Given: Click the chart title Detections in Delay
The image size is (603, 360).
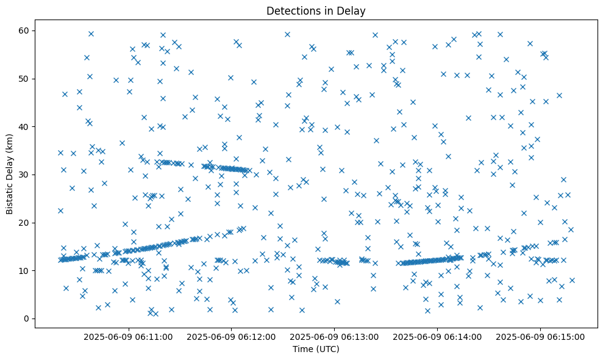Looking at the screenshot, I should tap(316, 10).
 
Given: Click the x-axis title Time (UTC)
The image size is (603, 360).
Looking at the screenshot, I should tap(316, 349).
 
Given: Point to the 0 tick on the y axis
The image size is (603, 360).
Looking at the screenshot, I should tap(27, 319).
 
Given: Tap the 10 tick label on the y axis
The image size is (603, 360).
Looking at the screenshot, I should tap(25, 270).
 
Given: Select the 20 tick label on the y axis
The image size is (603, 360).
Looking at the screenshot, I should tap(25, 223).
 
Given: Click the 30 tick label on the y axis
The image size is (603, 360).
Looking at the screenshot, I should tap(25, 175).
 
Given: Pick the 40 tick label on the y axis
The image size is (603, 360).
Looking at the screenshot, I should tap(25, 127).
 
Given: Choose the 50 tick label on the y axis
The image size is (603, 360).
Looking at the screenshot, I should tap(25, 79).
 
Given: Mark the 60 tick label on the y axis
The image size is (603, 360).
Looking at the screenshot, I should tap(25, 31).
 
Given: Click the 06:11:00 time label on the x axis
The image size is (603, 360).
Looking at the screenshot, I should tap(129, 336).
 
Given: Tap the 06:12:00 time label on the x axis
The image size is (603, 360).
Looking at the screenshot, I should tap(232, 336).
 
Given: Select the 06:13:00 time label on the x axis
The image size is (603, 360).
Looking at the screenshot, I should tap(335, 336).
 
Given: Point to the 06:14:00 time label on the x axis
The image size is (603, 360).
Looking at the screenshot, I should tap(438, 336).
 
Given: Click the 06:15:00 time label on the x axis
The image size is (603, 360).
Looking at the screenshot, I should tap(541, 336).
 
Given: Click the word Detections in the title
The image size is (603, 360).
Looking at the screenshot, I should tap(291, 10).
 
